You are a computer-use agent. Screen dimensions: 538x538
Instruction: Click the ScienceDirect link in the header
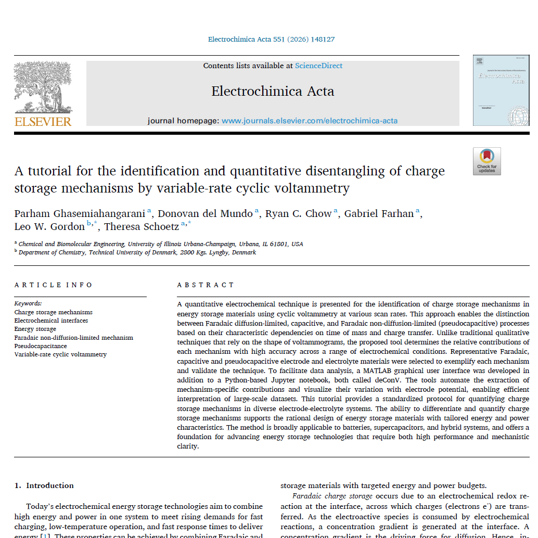pos(318,66)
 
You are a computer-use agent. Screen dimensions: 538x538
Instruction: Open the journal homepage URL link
pos(309,121)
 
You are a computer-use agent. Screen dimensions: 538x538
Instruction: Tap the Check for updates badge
pos(486,161)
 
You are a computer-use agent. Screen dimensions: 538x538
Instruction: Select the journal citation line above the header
pos(271,40)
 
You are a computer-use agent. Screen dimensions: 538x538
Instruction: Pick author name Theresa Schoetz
pos(142,226)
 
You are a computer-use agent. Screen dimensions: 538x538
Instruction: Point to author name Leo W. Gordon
pos(49,226)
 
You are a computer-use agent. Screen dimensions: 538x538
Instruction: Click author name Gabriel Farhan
pos(379,213)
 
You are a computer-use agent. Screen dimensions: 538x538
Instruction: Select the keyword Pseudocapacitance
pos(41,346)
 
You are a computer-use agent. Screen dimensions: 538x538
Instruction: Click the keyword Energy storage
pos(35,329)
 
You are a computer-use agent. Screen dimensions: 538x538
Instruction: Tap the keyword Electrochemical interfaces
pos(51,321)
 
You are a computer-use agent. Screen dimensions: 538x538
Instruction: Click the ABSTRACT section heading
pos(206,285)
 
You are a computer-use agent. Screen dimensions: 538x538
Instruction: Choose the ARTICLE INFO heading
pos(54,285)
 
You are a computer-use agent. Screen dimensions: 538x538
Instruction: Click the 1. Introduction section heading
pos(44,485)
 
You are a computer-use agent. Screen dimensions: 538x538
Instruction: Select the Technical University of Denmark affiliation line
pos(137,253)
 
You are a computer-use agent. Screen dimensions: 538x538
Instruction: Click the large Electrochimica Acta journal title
pos(273,92)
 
